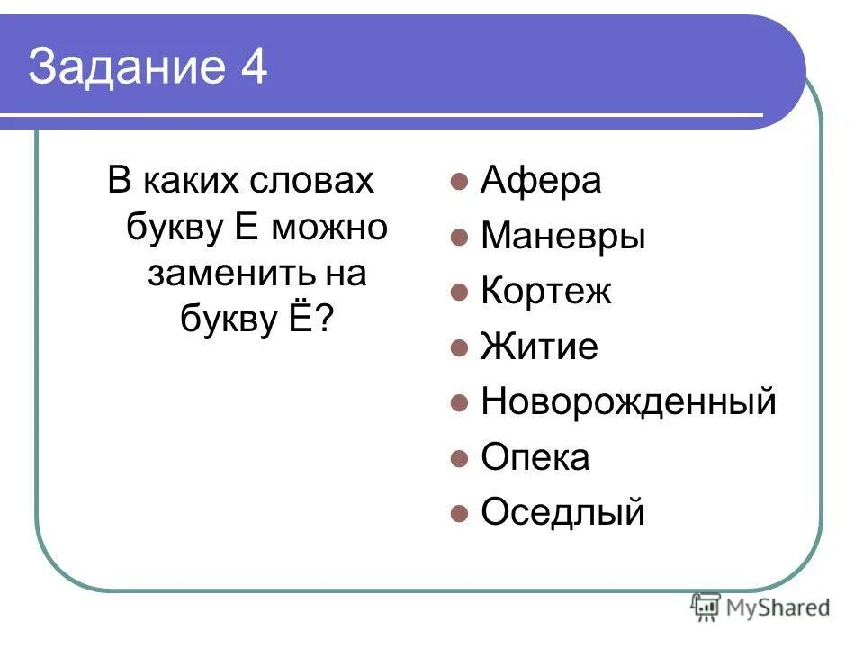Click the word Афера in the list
[540, 182]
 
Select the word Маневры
[562, 238]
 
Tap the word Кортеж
[545, 292]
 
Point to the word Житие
[538, 347]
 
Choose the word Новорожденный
[627, 402]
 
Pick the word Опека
[535, 458]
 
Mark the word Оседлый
[562, 513]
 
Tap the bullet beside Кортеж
[459, 293]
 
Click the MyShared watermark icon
[706, 607]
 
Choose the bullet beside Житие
[459, 348]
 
